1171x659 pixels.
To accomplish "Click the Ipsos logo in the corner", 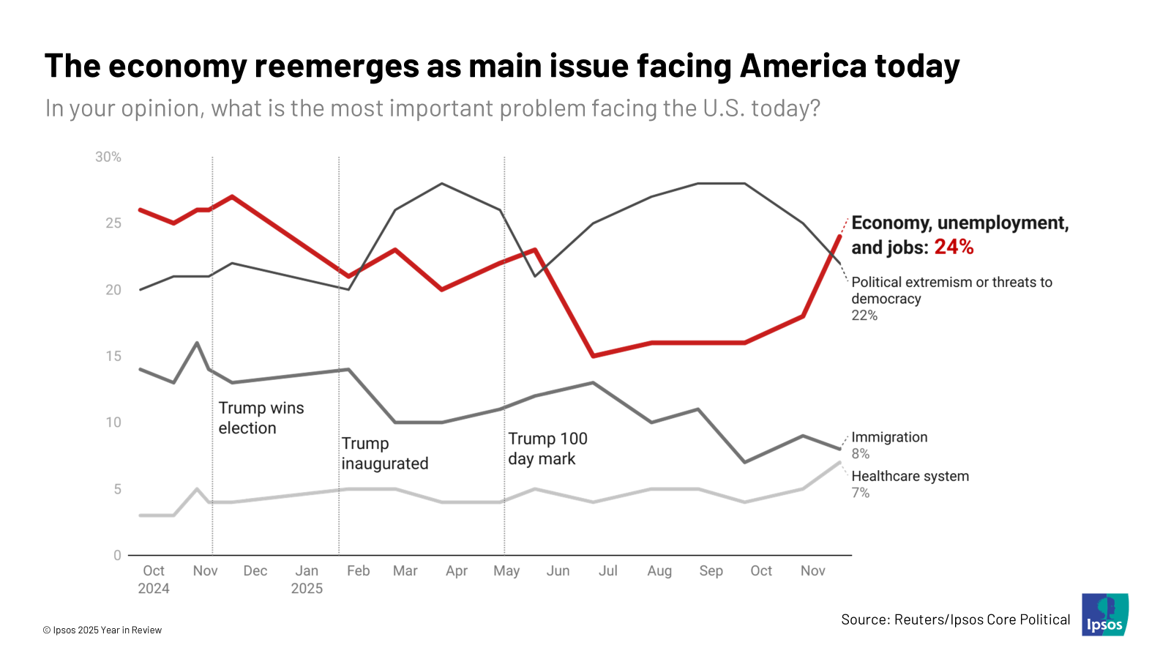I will click(x=1105, y=615).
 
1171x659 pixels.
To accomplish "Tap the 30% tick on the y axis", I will click(x=108, y=157).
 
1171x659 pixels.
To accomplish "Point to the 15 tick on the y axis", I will click(x=113, y=356).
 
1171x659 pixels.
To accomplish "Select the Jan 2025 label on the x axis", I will click(x=307, y=579).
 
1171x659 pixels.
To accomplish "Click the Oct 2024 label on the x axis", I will click(x=154, y=579).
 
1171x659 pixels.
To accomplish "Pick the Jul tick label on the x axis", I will click(x=608, y=571).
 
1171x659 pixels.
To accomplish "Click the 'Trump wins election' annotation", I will click(x=261, y=418).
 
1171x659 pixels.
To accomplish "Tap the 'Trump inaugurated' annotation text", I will click(x=384, y=453).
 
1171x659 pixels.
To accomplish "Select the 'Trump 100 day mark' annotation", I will click(x=547, y=449).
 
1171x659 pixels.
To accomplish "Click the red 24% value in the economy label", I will click(x=954, y=247).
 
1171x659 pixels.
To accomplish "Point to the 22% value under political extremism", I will click(x=864, y=316).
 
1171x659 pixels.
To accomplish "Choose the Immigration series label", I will click(x=889, y=437).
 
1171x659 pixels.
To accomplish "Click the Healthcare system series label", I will click(x=910, y=476).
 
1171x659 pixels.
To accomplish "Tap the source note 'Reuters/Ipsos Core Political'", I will click(x=982, y=619).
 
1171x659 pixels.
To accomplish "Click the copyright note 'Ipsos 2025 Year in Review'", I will click(x=107, y=630).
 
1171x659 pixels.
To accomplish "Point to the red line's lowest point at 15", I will click(x=593, y=356).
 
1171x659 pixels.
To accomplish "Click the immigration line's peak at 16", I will click(x=197, y=343).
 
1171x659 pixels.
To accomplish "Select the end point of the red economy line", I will click(x=839, y=236).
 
